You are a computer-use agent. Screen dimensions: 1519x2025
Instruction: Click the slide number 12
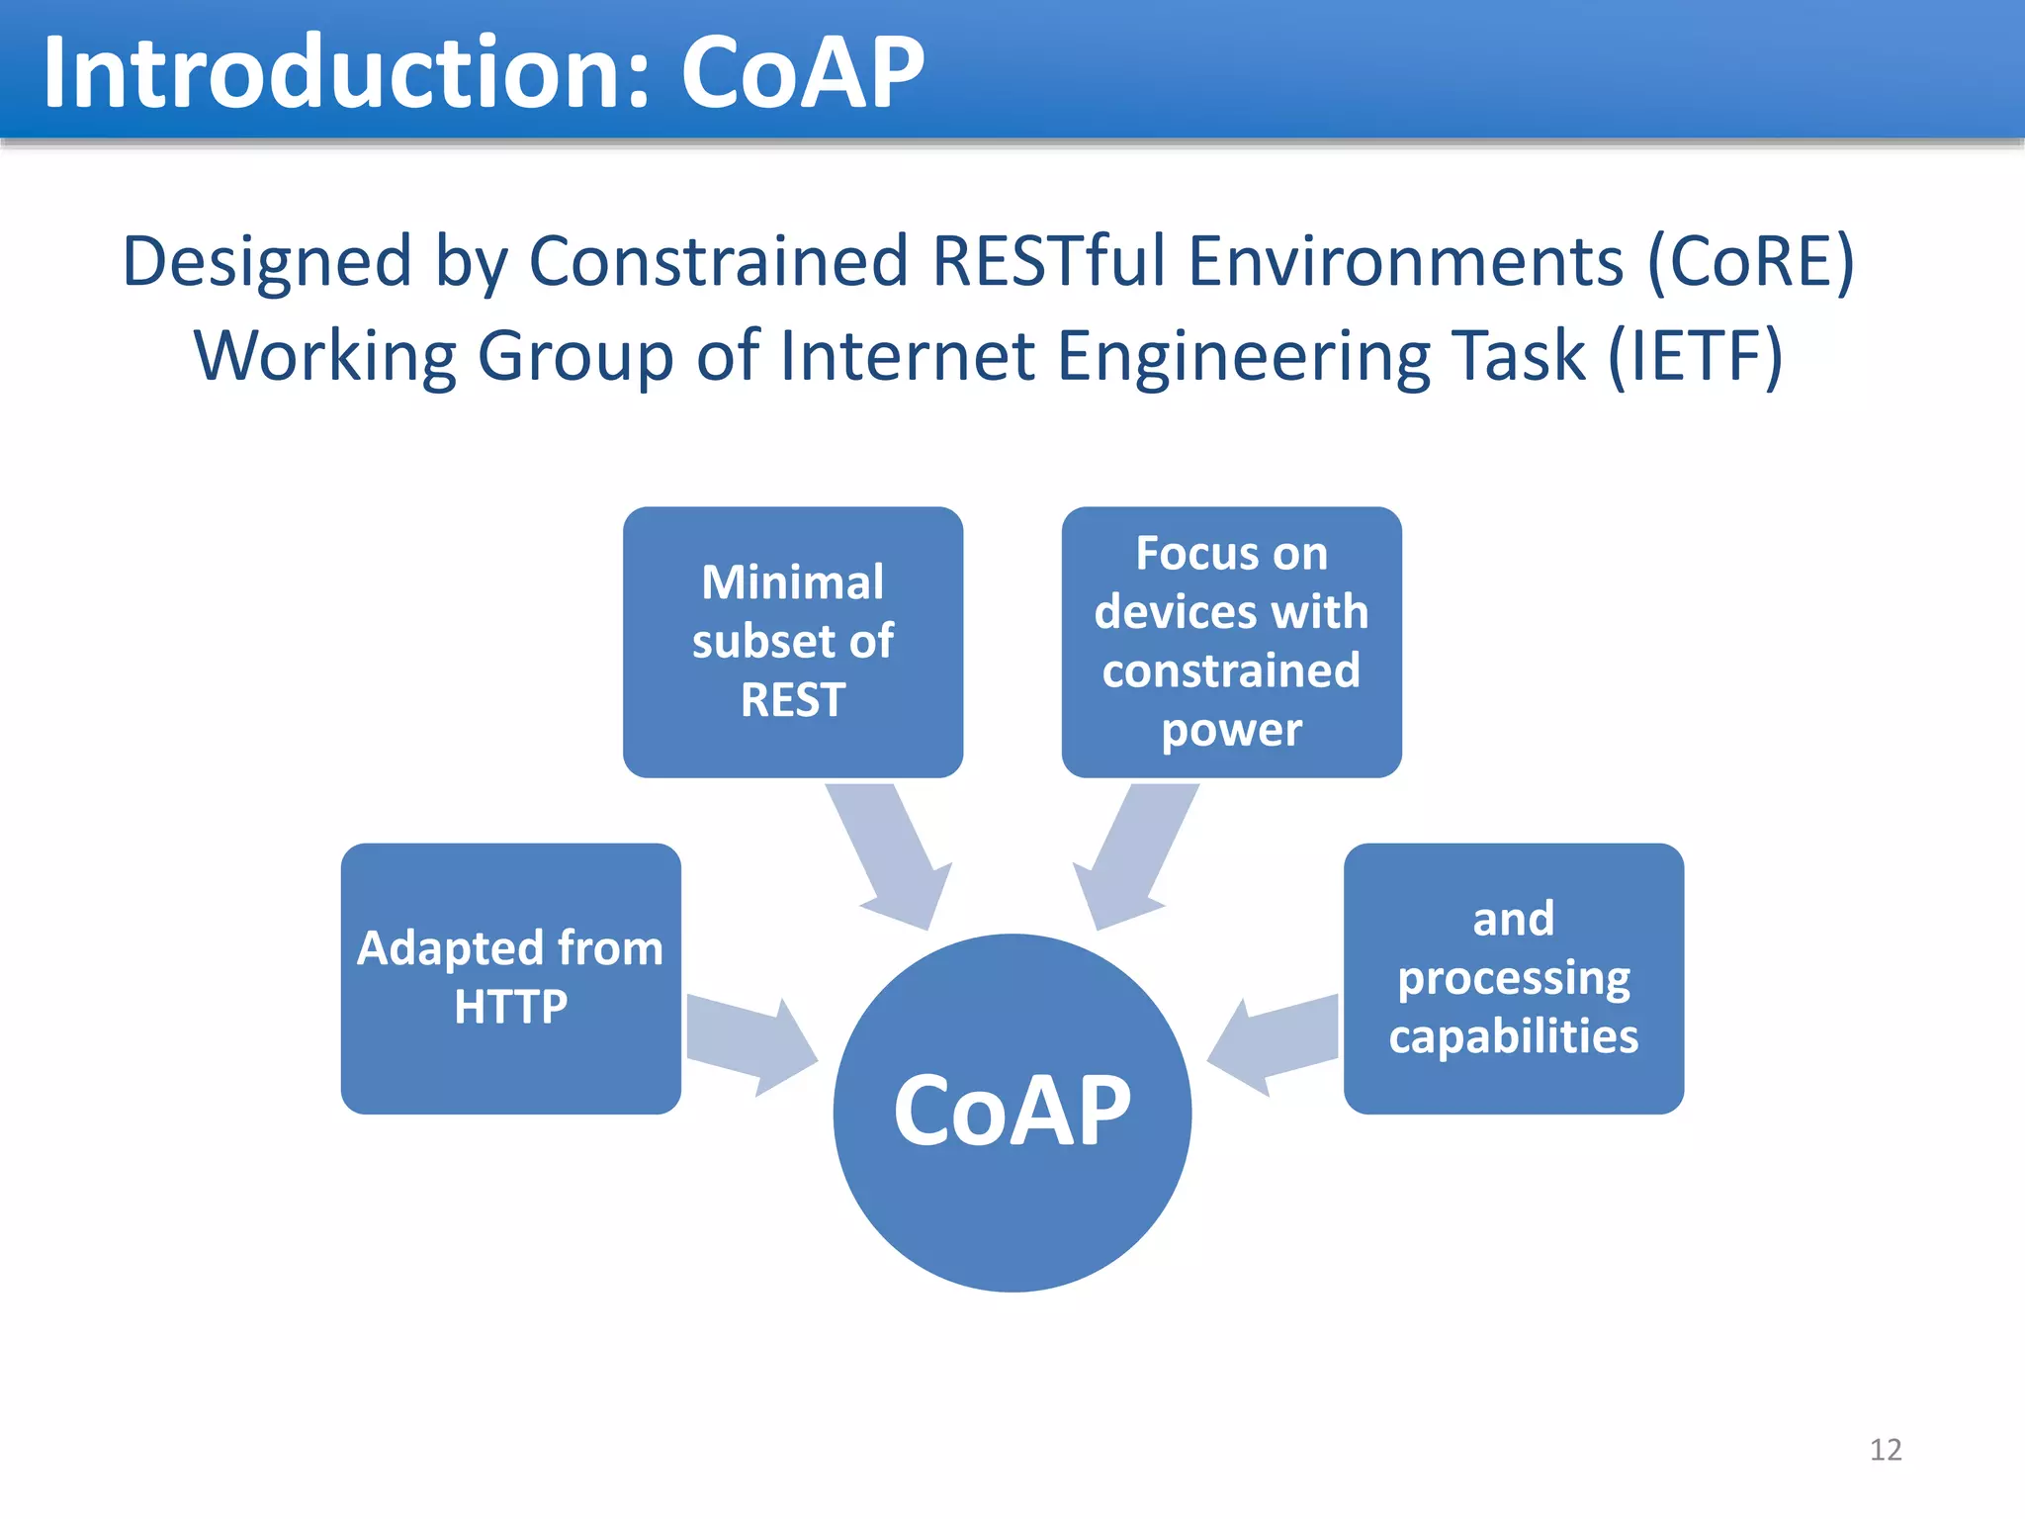click(x=1885, y=1450)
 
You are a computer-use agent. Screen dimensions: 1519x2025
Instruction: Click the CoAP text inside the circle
click(x=1012, y=1112)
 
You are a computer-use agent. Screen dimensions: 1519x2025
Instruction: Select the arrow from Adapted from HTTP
click(x=748, y=1044)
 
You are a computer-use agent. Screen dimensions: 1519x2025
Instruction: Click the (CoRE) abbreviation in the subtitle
click(x=1750, y=261)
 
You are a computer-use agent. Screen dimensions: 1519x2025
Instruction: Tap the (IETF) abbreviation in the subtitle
click(x=1695, y=355)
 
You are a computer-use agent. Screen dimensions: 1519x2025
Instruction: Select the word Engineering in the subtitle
click(x=1241, y=355)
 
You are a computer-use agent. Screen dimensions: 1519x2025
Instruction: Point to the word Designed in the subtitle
click(x=266, y=261)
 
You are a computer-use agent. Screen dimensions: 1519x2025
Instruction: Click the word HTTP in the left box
click(x=510, y=1007)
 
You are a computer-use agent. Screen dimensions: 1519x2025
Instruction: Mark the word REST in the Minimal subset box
click(x=792, y=700)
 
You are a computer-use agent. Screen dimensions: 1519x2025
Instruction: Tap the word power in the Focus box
click(x=1231, y=730)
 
